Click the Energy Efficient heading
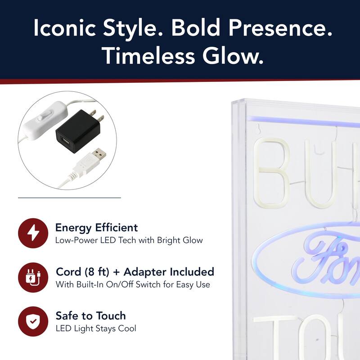[x=96, y=228]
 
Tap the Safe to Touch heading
[x=90, y=315]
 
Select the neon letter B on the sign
[x=273, y=173]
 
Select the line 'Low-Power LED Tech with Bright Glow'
[x=129, y=240]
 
